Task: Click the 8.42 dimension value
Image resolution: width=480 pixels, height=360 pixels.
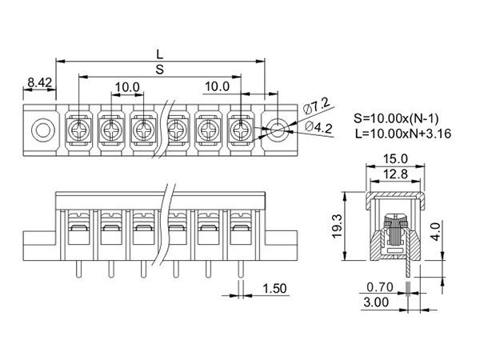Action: (40, 82)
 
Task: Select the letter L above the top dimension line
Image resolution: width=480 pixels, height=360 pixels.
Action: (160, 54)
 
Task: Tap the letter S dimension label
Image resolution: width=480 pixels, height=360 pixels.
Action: (160, 70)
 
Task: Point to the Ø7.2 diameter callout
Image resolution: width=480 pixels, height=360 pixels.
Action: (317, 106)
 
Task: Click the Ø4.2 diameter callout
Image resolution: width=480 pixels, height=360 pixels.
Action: (319, 126)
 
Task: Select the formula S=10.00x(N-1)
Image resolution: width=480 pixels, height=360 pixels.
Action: (396, 118)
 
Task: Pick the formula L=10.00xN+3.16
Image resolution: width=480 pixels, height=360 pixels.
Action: (403, 134)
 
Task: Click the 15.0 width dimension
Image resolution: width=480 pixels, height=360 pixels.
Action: (395, 159)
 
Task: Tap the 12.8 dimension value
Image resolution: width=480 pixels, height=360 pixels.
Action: (395, 174)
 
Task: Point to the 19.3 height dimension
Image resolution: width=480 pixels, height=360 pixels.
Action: (337, 226)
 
